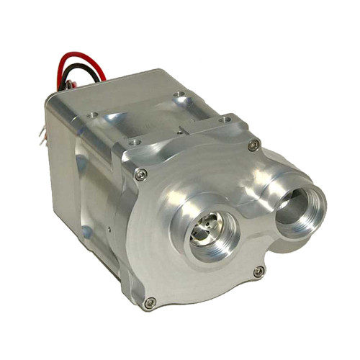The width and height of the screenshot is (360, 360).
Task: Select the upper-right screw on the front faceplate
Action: click(x=253, y=145)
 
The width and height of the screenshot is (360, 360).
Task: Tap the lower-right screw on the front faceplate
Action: click(x=258, y=271)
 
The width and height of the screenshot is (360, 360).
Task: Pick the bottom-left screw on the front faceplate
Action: click(x=150, y=302)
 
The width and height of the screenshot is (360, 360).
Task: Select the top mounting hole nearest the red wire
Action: click(x=92, y=114)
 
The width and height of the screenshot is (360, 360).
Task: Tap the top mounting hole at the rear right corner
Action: click(x=178, y=94)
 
